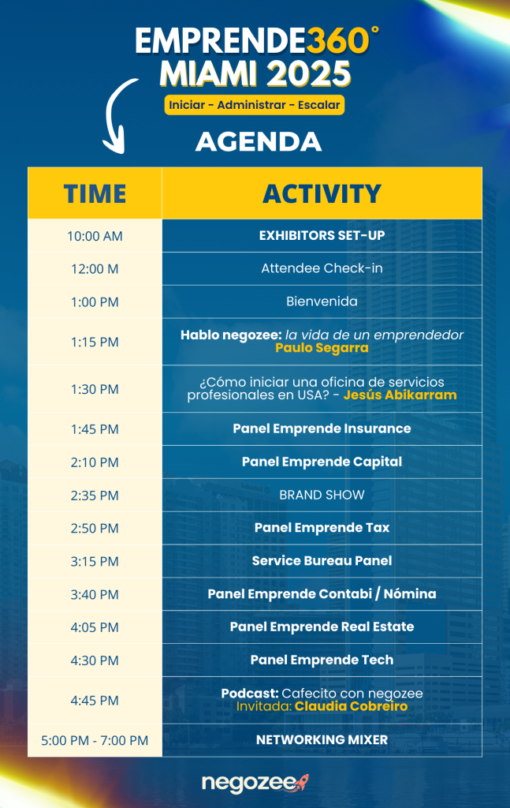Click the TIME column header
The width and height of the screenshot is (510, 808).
coord(95,194)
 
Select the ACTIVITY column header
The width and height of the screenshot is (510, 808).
coord(322,194)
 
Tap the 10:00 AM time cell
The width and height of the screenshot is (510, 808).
coord(95,236)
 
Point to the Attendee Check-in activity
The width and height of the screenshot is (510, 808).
coord(322,268)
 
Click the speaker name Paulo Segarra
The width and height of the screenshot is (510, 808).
coord(322,348)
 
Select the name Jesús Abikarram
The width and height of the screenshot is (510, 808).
coord(400,395)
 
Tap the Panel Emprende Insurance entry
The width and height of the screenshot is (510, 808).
coord(322,428)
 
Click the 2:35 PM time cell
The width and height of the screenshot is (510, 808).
coord(95,496)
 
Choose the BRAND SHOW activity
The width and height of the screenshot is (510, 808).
coord(322,495)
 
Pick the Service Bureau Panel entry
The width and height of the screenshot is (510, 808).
coord(322,561)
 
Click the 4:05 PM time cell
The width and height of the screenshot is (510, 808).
coord(95,627)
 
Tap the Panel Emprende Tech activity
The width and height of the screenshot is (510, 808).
coord(322,660)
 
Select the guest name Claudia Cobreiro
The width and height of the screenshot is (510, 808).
coord(351,706)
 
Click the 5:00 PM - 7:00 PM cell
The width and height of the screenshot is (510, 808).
coord(95,740)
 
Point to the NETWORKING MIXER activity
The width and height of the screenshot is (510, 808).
coord(322,740)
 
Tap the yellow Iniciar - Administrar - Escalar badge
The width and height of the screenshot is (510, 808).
coord(255,105)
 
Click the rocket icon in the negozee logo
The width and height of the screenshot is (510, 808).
coord(302,782)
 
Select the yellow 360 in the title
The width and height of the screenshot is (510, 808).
coord(338,41)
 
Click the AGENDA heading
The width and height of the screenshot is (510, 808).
coord(259,142)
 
